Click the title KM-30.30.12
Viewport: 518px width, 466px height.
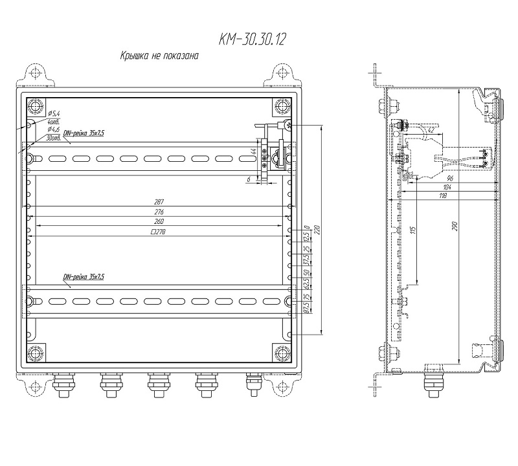[x=253, y=40]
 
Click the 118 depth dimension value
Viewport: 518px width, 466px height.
[x=444, y=195]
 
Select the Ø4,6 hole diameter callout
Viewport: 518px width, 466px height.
[x=54, y=131]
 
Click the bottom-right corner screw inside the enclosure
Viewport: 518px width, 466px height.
[x=282, y=353]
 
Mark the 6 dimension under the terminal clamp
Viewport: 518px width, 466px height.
[x=249, y=177]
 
